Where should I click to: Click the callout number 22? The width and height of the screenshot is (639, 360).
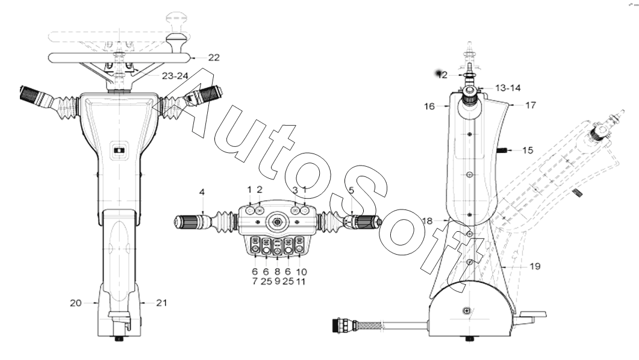[214, 58]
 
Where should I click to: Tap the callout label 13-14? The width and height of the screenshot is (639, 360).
[508, 88]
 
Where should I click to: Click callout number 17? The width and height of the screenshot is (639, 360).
[530, 105]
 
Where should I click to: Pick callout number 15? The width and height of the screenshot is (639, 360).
[528, 151]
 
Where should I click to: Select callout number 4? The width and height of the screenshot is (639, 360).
[202, 192]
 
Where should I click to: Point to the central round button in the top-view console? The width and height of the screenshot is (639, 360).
[278, 222]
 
